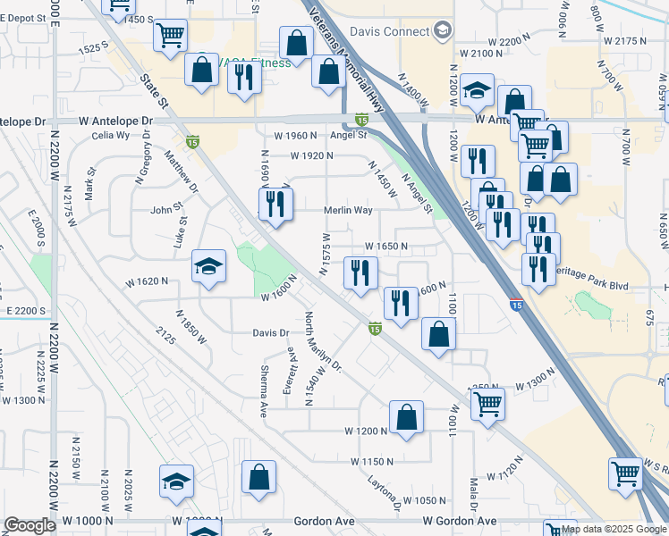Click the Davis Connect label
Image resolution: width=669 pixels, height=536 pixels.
(x=389, y=32)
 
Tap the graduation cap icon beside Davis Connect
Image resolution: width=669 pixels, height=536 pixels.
(x=442, y=32)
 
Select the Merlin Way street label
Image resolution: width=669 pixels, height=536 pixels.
(x=347, y=211)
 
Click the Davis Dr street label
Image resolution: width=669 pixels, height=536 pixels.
(x=271, y=333)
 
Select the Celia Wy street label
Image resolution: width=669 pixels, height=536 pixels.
(x=111, y=136)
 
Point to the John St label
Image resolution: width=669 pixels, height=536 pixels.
(x=166, y=211)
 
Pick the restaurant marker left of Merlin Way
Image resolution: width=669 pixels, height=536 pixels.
(x=275, y=205)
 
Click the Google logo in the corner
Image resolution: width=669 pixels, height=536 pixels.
(x=30, y=525)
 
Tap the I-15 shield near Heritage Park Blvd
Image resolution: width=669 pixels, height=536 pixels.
(x=516, y=305)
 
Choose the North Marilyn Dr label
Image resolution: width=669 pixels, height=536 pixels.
(x=324, y=343)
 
